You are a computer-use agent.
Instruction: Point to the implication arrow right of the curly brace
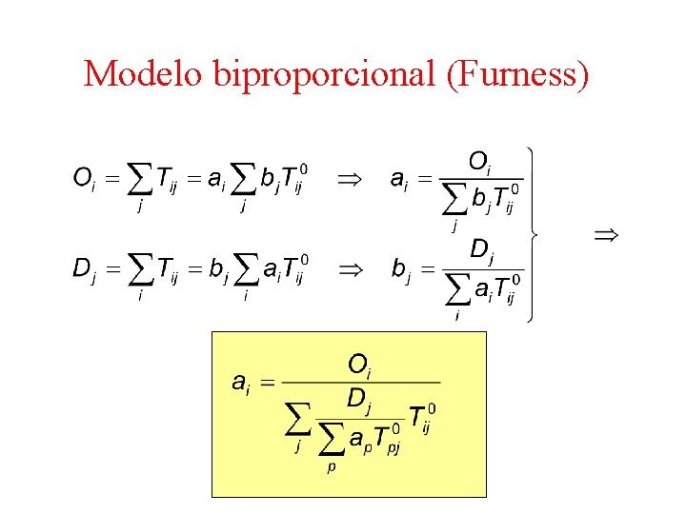606,233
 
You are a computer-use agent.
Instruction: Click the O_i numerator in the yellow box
359,364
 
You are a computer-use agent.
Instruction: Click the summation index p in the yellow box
331,467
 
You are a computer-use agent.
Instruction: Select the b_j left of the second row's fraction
402,268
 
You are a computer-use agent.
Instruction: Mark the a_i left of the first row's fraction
402,178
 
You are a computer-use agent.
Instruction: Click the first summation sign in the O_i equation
141,178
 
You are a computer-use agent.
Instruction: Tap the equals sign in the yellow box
268,383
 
